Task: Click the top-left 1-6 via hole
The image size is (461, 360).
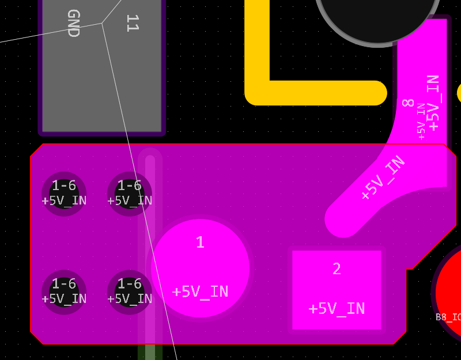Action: point(64,194)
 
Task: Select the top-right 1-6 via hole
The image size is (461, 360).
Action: point(130,194)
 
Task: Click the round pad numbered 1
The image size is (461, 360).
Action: point(200,267)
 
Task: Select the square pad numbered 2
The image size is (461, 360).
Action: point(337,289)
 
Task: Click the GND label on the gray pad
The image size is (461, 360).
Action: point(73,24)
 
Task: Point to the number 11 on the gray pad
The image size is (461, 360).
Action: point(132,24)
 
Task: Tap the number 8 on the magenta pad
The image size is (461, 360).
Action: point(408,103)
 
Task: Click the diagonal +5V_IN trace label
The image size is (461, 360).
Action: point(383,178)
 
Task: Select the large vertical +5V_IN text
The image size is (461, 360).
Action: point(433,103)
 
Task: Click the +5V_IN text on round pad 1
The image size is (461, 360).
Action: point(200,291)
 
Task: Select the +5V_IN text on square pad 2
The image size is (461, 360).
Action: point(337,309)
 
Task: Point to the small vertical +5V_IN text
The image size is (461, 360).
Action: point(421,121)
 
